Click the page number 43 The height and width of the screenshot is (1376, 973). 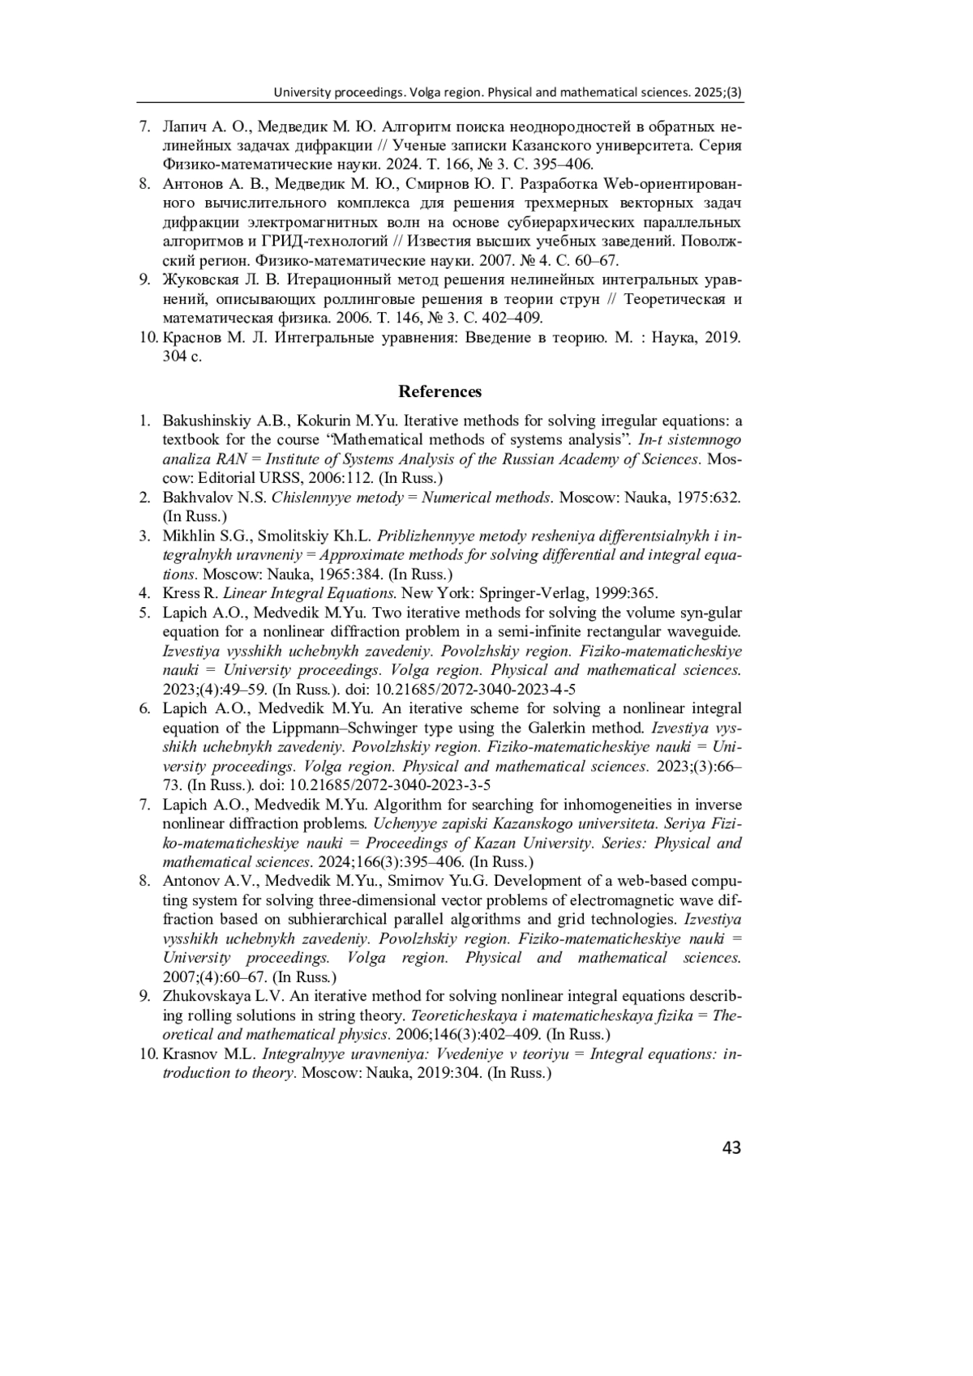pyautogui.click(x=731, y=1147)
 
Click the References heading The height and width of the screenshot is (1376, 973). pyautogui.click(x=439, y=392)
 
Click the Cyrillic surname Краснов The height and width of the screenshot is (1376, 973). pyautogui.click(x=191, y=338)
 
